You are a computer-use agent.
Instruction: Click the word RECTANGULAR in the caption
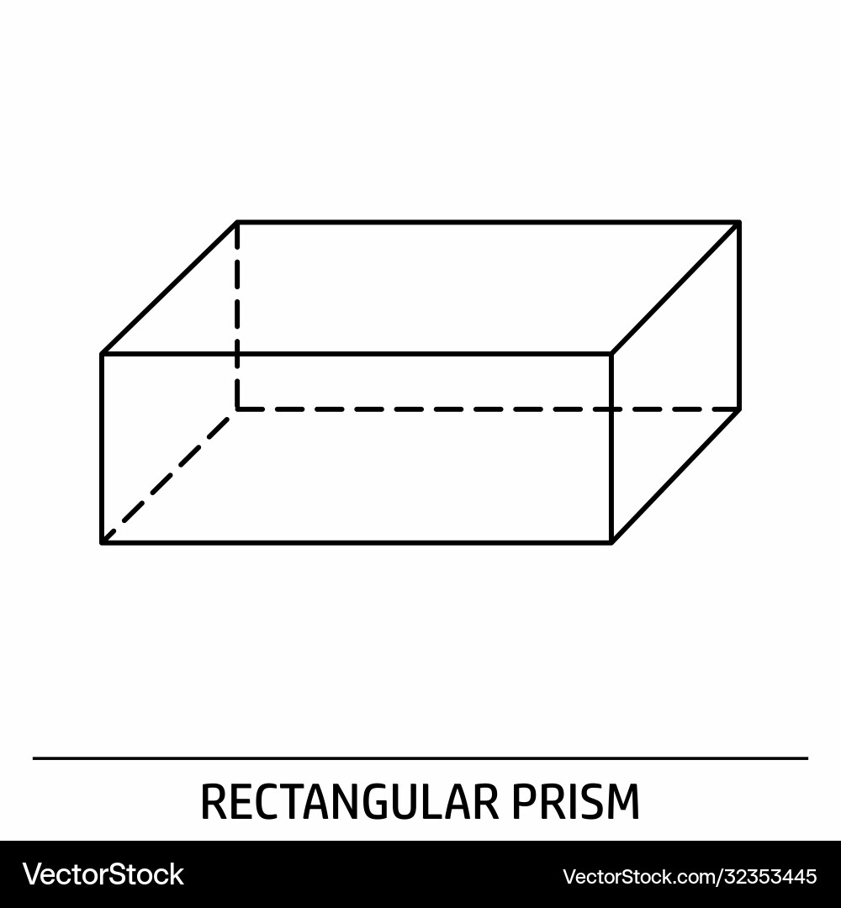point(349,801)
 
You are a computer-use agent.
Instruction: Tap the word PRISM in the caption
point(576,801)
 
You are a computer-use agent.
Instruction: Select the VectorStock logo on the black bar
point(103,874)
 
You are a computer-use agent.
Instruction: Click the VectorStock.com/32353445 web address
point(690,876)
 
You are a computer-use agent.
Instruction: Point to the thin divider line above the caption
point(420,758)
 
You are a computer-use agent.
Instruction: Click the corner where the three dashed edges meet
point(237,409)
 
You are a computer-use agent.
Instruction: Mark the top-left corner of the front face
point(102,353)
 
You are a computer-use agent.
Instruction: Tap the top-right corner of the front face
point(611,353)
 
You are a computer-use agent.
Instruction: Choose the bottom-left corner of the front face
point(102,543)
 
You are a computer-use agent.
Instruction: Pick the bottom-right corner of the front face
point(611,543)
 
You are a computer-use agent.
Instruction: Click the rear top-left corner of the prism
point(237,221)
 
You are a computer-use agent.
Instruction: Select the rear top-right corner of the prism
point(739,221)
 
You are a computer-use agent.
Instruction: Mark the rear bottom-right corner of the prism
point(739,409)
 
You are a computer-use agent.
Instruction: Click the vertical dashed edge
point(237,315)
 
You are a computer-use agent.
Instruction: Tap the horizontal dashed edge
point(489,409)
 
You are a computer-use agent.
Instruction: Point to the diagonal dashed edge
point(170,476)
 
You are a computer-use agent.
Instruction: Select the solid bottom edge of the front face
point(357,543)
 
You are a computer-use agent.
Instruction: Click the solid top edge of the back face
point(489,221)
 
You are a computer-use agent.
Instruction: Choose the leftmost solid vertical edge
point(102,448)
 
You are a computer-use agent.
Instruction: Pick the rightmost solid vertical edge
point(739,315)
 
